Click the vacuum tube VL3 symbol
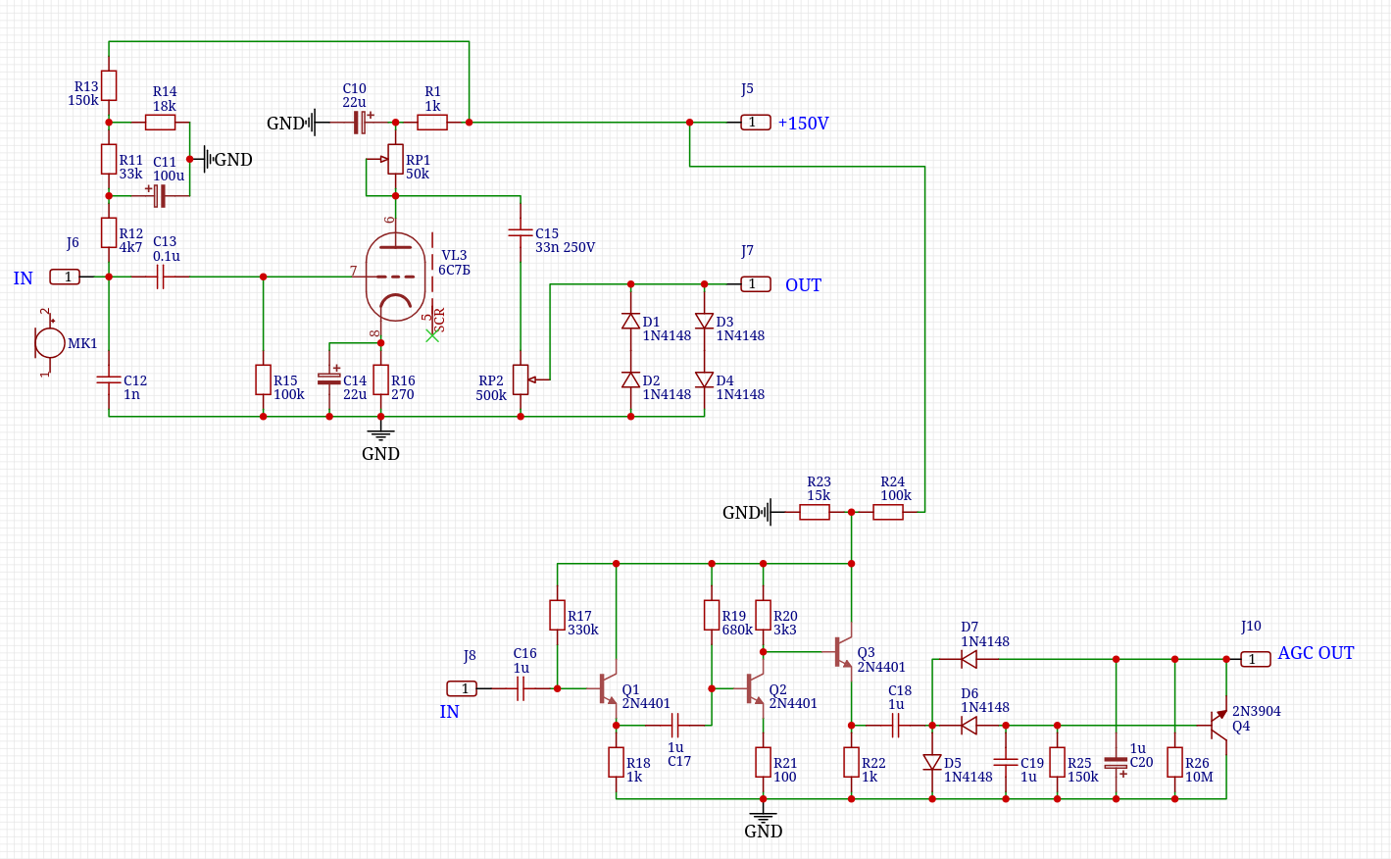point(396,277)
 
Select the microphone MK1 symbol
point(50,343)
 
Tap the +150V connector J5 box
point(755,123)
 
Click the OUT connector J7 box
point(755,284)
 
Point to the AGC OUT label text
point(1316,653)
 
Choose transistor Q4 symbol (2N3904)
point(1217,725)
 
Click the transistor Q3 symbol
point(843,652)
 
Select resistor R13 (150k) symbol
point(109,85)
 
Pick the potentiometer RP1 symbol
point(395,159)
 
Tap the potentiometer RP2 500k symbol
point(521,379)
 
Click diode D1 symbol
point(630,322)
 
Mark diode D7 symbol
point(969,660)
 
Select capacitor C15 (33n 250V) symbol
point(521,233)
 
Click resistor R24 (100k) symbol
point(888,512)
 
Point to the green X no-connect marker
point(432,335)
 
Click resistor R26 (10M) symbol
point(1174,762)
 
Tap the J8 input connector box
point(464,688)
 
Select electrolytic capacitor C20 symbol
point(1116,762)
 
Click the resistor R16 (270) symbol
point(380,379)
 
